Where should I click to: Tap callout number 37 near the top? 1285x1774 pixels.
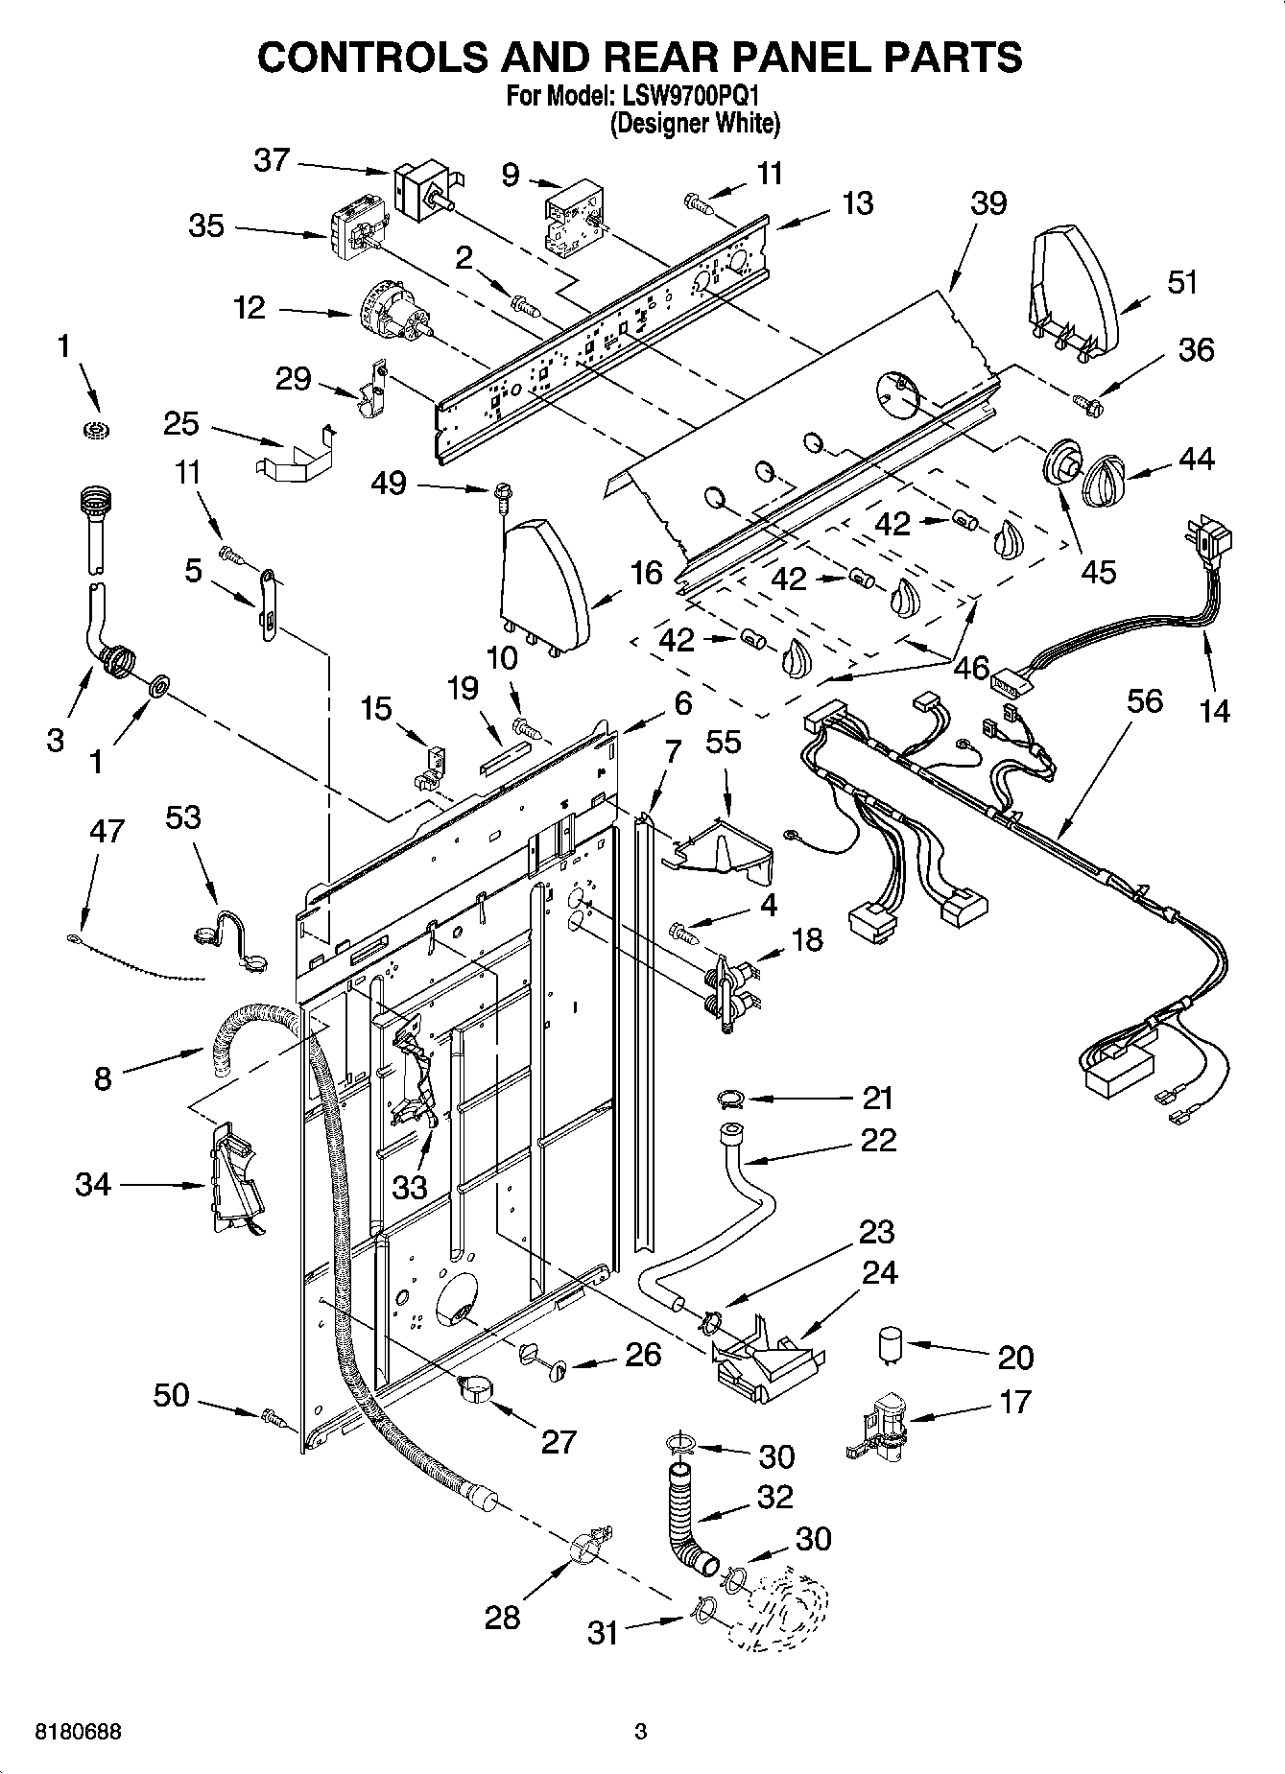pyautogui.click(x=272, y=159)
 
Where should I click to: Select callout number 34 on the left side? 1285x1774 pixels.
pyautogui.click(x=94, y=1186)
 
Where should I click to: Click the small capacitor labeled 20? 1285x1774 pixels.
pyautogui.click(x=892, y=1345)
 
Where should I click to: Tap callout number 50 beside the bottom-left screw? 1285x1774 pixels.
pyautogui.click(x=172, y=1395)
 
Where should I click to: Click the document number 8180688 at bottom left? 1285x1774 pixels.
pyautogui.click(x=78, y=1733)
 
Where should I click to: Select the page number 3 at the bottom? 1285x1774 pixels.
pyautogui.click(x=641, y=1733)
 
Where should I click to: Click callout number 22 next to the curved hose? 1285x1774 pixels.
pyautogui.click(x=878, y=1141)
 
